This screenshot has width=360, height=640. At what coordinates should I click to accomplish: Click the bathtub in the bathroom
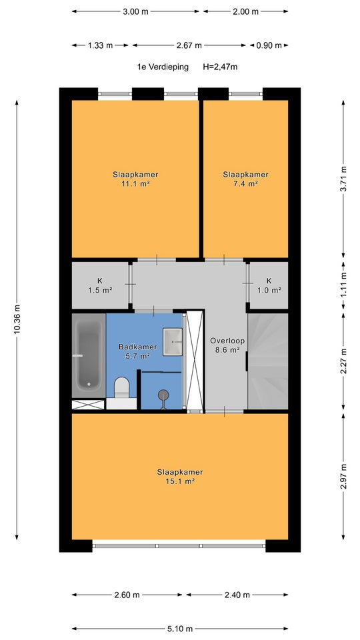pyautogui.click(x=89, y=355)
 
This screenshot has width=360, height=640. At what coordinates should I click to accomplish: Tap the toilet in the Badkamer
pyautogui.click(x=121, y=388)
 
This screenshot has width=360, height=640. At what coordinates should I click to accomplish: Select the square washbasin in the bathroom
pyautogui.click(x=173, y=341)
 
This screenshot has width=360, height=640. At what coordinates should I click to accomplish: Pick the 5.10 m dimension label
pyautogui.click(x=180, y=629)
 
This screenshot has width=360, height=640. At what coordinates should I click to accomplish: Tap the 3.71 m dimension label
pyautogui.click(x=343, y=177)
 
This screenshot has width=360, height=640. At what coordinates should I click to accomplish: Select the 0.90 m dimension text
pyautogui.click(x=269, y=45)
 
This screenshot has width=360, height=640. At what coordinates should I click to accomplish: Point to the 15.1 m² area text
pyautogui.click(x=180, y=481)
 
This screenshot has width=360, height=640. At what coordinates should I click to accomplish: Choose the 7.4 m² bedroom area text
pyautogui.click(x=246, y=184)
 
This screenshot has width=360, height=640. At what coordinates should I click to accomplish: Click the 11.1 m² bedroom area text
pyautogui.click(x=135, y=184)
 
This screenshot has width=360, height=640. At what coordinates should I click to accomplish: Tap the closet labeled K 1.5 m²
pyautogui.click(x=101, y=285)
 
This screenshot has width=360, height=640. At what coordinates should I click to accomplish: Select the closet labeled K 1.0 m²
pyautogui.click(x=269, y=285)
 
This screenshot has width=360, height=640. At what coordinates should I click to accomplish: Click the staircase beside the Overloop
pyautogui.click(x=268, y=361)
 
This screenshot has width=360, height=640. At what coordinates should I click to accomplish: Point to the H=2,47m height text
pyautogui.click(x=220, y=67)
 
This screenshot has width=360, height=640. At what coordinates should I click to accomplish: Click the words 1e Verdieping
pyautogui.click(x=163, y=67)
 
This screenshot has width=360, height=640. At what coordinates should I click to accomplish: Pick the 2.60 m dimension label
pyautogui.click(x=127, y=595)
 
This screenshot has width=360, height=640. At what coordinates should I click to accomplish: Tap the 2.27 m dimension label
pyautogui.click(x=343, y=361)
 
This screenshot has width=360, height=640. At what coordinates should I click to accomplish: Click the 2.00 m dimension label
pyautogui.click(x=246, y=11)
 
